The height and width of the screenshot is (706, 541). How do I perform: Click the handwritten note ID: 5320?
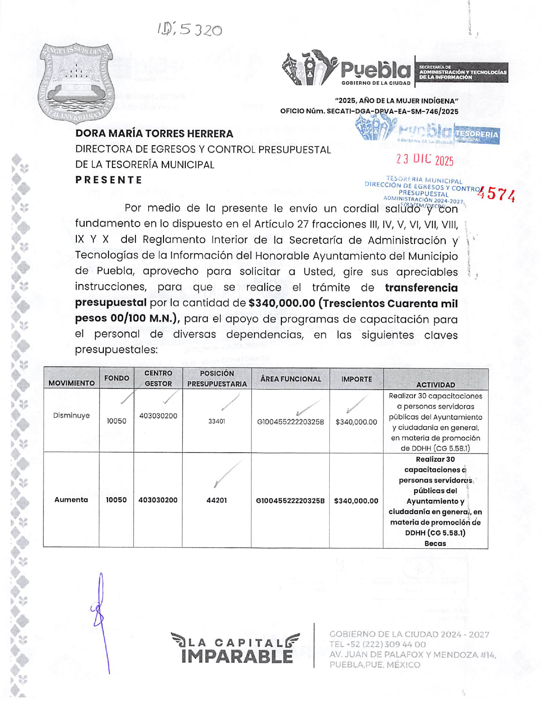coord(190,29)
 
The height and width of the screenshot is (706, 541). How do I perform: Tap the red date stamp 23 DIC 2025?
coord(424,160)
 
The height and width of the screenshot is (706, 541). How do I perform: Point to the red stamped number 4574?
coord(497,194)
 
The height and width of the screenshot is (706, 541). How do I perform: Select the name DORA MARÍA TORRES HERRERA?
coord(154,134)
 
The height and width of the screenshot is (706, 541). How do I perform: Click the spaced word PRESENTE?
coord(108,180)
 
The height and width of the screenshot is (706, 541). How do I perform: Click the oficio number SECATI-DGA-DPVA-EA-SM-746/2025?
coord(392,111)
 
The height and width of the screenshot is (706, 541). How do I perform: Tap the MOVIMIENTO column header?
coord(71,383)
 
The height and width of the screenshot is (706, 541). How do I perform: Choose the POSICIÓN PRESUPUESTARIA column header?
coord(217,379)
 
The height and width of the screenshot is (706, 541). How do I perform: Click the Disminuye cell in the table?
coord(71,415)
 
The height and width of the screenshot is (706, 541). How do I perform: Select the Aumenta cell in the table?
coord(71,500)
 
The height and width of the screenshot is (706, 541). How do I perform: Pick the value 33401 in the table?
coord(217,421)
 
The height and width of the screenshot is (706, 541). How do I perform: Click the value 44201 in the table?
coord(216,500)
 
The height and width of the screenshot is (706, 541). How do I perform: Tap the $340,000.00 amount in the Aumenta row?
coord(356,501)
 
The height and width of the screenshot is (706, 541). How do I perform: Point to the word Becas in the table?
coord(435,544)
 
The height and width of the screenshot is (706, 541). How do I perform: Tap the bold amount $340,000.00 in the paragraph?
coord(282,303)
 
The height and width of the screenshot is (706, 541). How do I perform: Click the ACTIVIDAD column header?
coord(436,385)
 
